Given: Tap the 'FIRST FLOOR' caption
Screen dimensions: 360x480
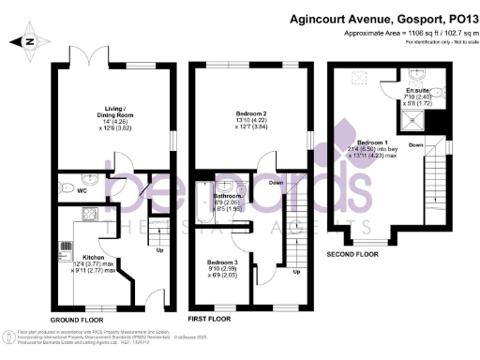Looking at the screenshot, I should [x=209, y=318].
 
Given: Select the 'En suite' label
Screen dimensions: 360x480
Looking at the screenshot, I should [x=417, y=90].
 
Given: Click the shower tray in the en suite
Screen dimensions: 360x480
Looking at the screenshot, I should [x=412, y=117].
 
